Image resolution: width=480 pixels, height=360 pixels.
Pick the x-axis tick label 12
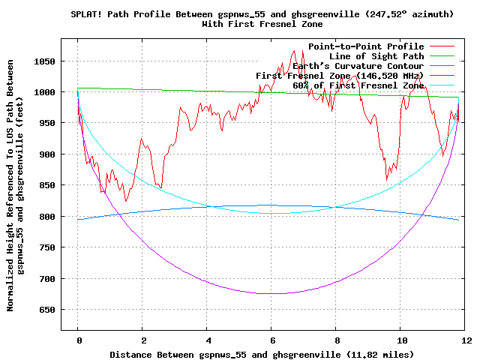(466, 340)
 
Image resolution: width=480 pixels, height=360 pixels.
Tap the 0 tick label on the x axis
(78, 340)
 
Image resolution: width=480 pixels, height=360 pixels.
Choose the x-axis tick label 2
(142, 340)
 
